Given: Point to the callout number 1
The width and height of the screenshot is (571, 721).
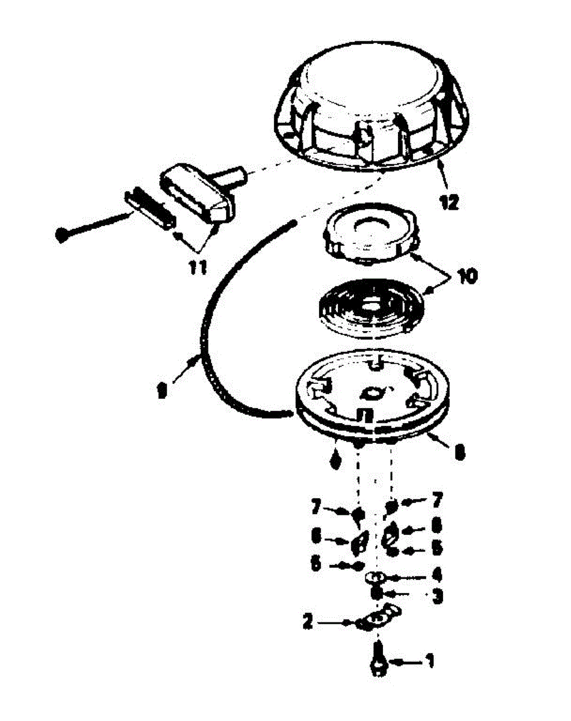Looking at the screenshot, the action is (429, 662).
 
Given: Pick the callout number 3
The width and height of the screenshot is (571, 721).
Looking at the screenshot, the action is (438, 597).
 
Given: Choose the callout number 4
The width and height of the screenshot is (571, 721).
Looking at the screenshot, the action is (438, 575).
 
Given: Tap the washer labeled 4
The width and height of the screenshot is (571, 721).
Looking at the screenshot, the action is (376, 577).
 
